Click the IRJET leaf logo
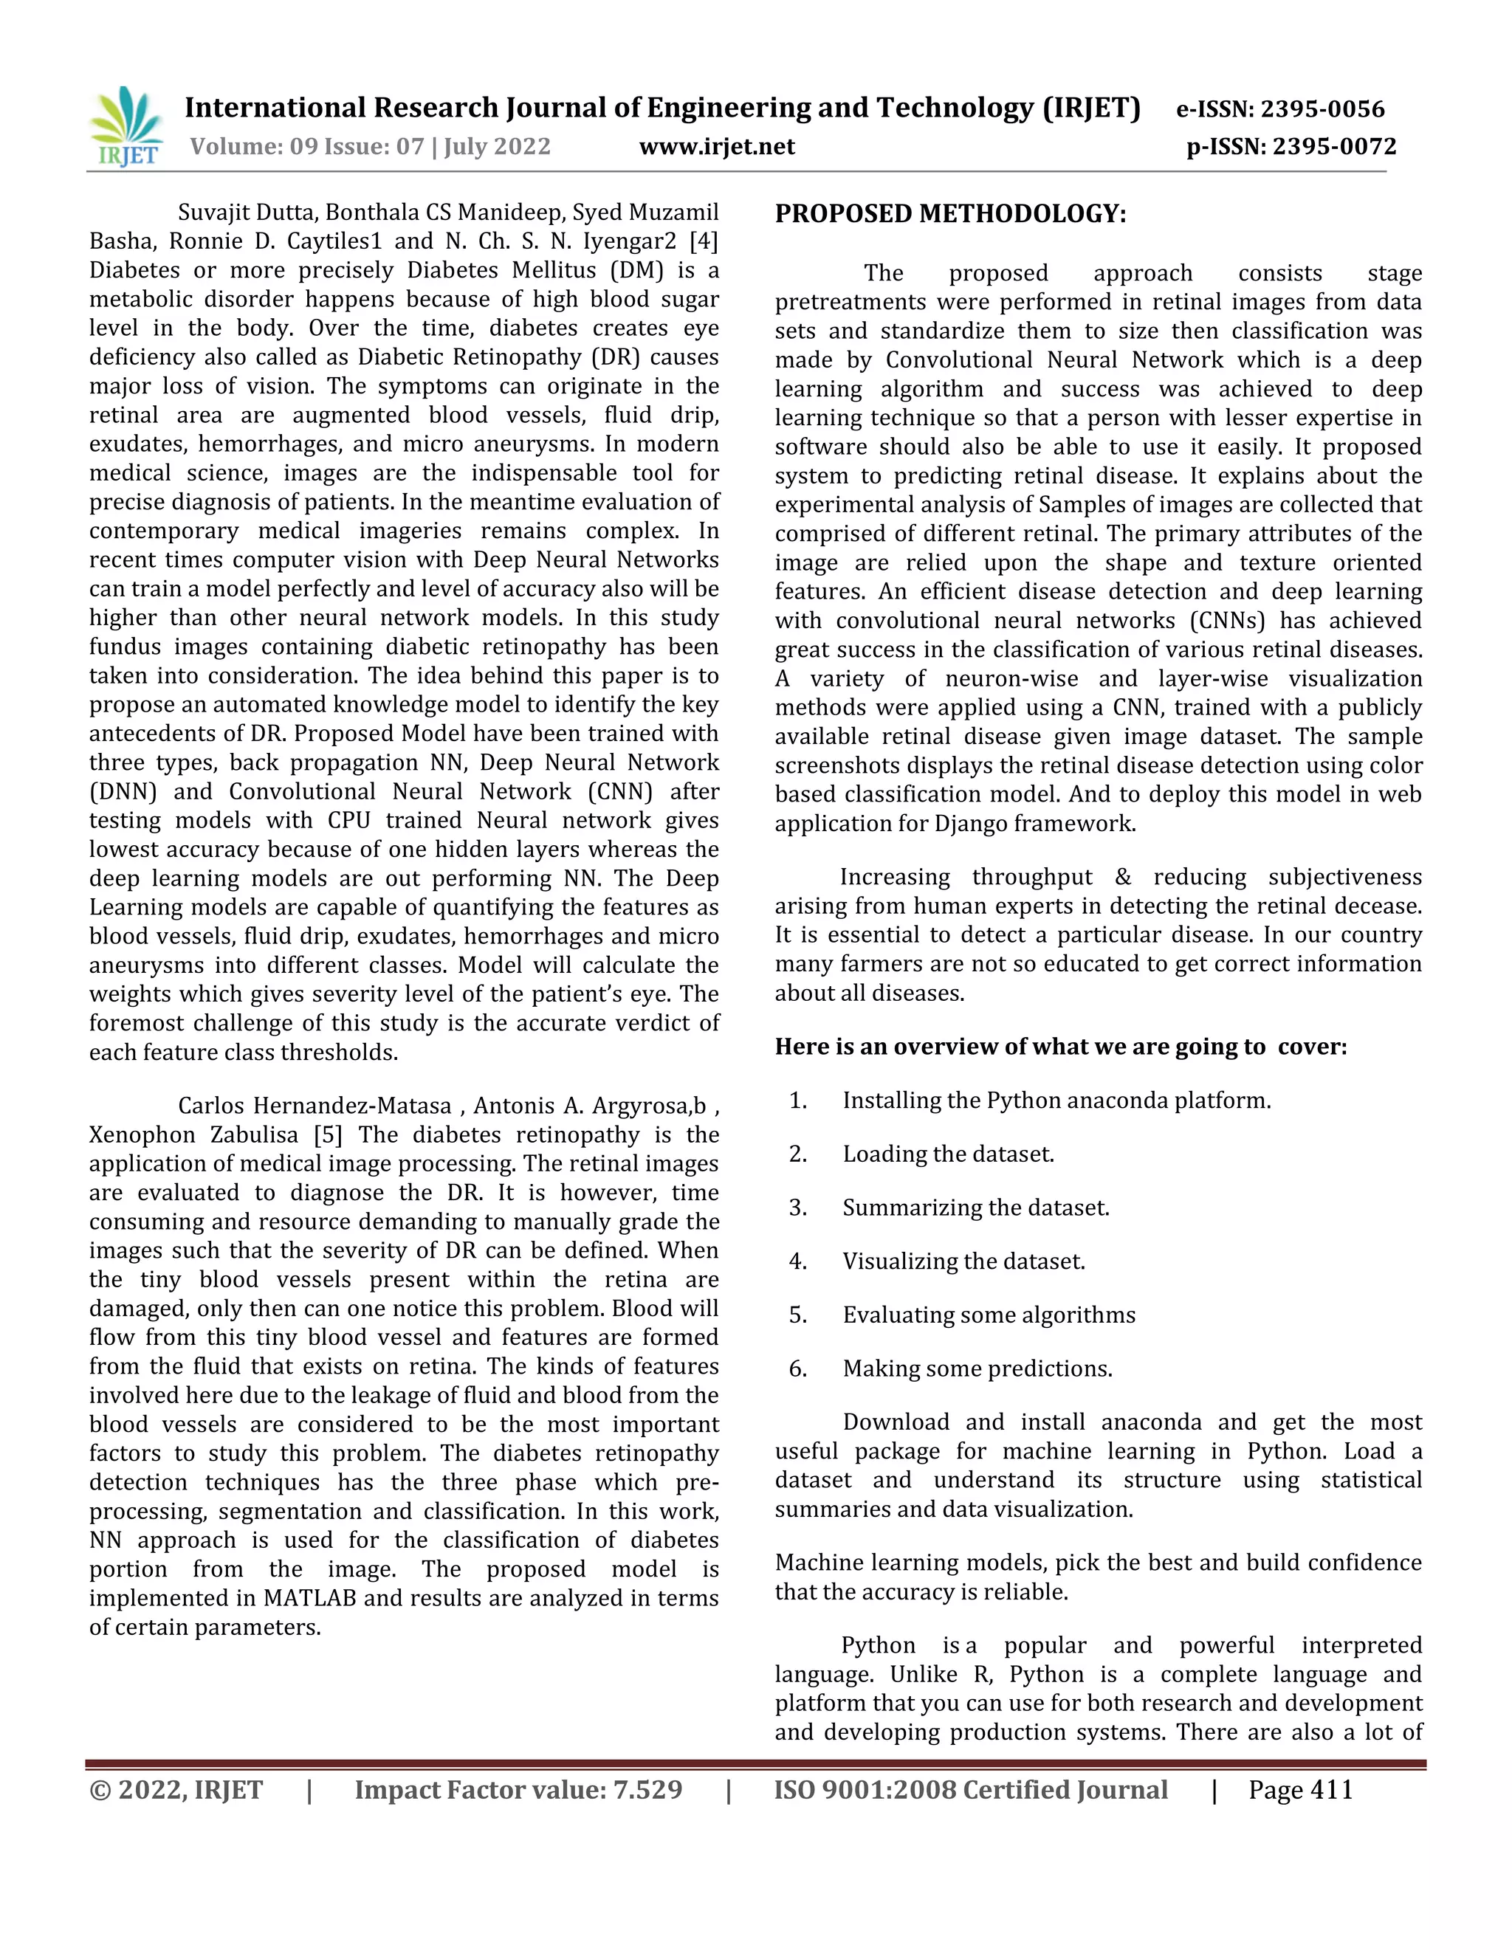click(126, 125)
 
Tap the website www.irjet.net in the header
click(717, 146)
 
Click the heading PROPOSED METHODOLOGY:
click(950, 214)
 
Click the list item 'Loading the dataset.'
click(948, 1154)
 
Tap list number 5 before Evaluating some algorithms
click(797, 1315)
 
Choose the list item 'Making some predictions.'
click(977, 1368)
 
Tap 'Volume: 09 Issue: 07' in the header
click(306, 146)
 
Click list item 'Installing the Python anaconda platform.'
click(1056, 1101)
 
